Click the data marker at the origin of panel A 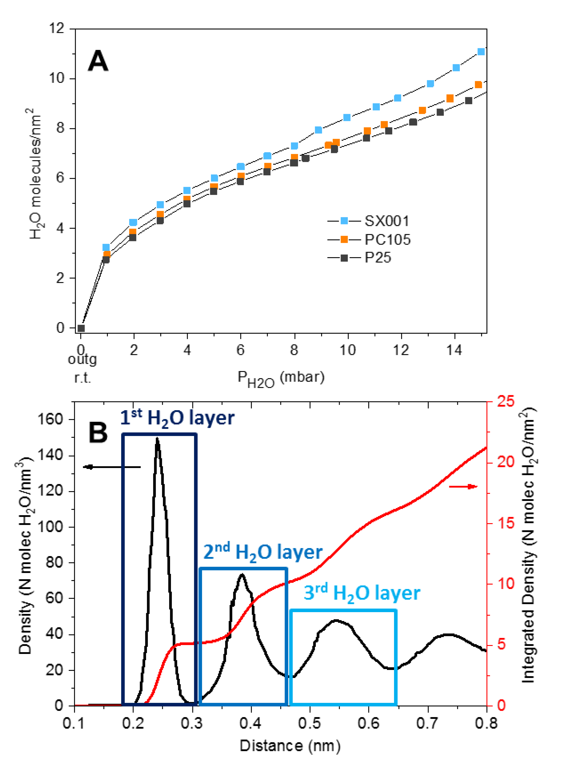tap(81, 328)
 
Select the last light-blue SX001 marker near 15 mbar tap(481, 52)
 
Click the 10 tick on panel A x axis tap(347, 350)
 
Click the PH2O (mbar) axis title tap(281, 379)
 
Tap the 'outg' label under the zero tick tap(82, 360)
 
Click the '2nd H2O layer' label tap(263, 552)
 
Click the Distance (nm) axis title tap(290, 746)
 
